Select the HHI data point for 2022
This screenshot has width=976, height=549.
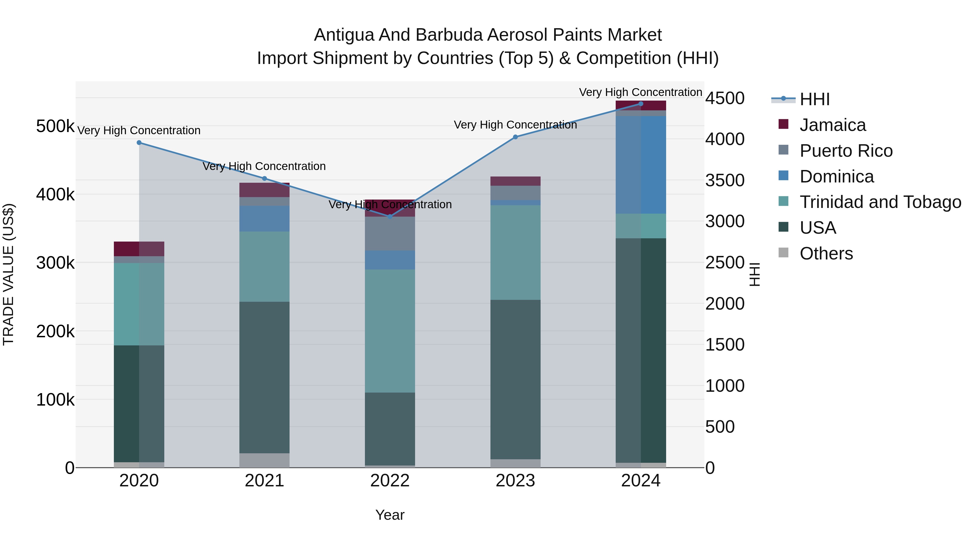pos(390,217)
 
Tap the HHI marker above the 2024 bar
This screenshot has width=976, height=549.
pos(641,104)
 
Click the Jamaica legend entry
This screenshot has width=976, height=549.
pos(832,125)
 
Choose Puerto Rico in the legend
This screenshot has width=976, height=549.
pos(846,151)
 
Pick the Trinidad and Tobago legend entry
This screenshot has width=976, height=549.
pos(880,202)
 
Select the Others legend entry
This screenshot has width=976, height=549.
pos(826,253)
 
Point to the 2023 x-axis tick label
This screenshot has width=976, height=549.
pos(515,481)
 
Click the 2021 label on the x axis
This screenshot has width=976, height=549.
pos(264,481)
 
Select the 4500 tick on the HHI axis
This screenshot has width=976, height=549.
pos(725,98)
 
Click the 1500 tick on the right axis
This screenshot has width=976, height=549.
pos(725,345)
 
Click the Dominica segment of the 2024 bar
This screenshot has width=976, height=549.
pos(641,165)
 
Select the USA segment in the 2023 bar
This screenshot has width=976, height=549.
pos(515,379)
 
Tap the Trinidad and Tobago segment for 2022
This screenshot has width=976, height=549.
pos(390,331)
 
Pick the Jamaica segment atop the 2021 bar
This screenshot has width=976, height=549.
pos(264,190)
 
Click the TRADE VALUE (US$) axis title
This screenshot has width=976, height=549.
pos(8,275)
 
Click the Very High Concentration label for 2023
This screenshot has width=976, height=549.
pos(515,125)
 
